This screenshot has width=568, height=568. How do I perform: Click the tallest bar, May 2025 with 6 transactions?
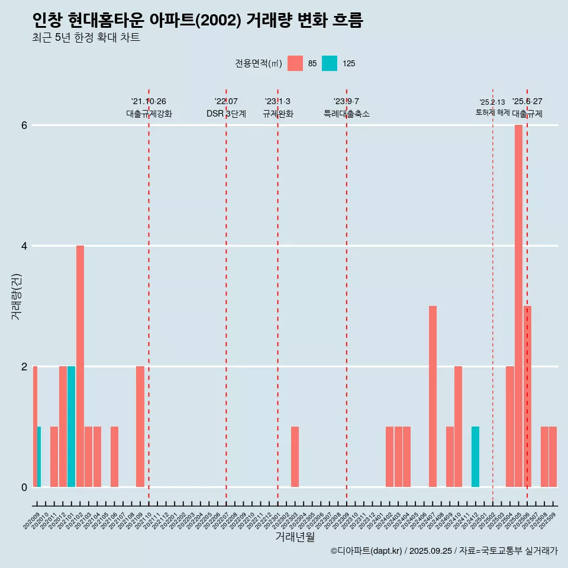518,305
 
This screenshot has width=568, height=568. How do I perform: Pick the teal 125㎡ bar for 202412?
475,456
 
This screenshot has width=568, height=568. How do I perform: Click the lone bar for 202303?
295,456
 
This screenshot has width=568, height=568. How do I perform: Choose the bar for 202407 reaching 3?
433,396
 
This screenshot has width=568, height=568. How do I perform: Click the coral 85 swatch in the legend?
295,63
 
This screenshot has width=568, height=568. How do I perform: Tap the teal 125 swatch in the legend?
330,63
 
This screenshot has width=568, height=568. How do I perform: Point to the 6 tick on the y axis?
24,125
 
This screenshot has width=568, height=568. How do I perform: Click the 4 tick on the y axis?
24,246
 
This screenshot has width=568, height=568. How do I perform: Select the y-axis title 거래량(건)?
16,296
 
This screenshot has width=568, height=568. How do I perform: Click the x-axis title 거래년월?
295,537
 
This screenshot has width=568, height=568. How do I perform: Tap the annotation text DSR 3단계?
226,114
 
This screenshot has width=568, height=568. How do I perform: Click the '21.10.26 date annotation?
149,101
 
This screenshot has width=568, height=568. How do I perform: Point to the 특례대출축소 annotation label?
346,114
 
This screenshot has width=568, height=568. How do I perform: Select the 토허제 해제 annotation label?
492,112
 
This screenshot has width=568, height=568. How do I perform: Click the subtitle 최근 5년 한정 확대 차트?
86,38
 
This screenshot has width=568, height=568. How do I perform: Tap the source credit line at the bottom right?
444,551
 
